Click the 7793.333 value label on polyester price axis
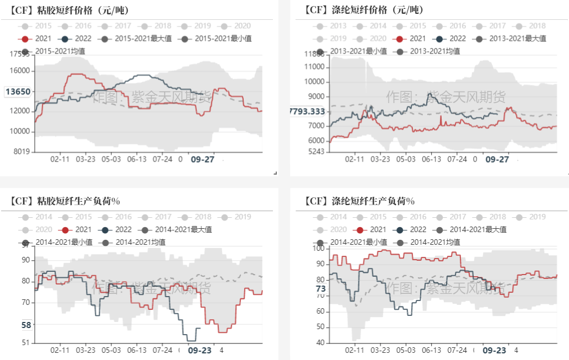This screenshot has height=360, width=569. coord(307,112)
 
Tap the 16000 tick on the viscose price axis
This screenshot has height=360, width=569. coord(20,71)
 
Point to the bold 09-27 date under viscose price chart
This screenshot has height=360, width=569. coord(202,159)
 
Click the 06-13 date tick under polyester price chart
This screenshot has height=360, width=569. coord(432,159)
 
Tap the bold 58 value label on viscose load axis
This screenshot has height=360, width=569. coord(26,325)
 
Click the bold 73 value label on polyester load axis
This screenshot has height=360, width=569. coord(320,289)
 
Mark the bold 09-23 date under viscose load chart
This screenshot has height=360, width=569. coord(200,350)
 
